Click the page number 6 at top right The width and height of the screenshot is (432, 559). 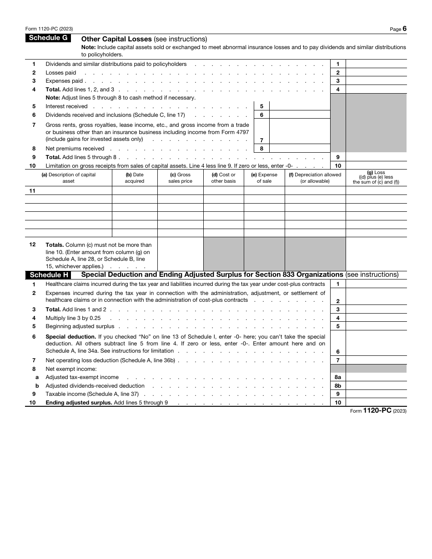point(404,29)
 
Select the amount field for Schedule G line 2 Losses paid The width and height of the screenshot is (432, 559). point(376,73)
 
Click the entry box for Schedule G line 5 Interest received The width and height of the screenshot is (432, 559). point(300,106)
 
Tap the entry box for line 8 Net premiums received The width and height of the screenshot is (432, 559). point(300,149)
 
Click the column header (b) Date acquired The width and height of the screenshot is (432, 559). point(135,178)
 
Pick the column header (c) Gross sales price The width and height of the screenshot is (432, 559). point(180,178)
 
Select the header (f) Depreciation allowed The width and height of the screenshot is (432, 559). point(315,178)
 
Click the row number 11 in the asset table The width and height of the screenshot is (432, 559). point(32,191)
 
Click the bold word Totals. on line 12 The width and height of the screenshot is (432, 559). point(54,245)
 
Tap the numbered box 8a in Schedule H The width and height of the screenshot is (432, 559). point(338,377)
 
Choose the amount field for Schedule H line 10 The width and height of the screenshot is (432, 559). point(376,403)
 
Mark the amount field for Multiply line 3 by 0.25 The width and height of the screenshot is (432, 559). point(376,318)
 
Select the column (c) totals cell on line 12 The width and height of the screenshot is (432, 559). point(180,254)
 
